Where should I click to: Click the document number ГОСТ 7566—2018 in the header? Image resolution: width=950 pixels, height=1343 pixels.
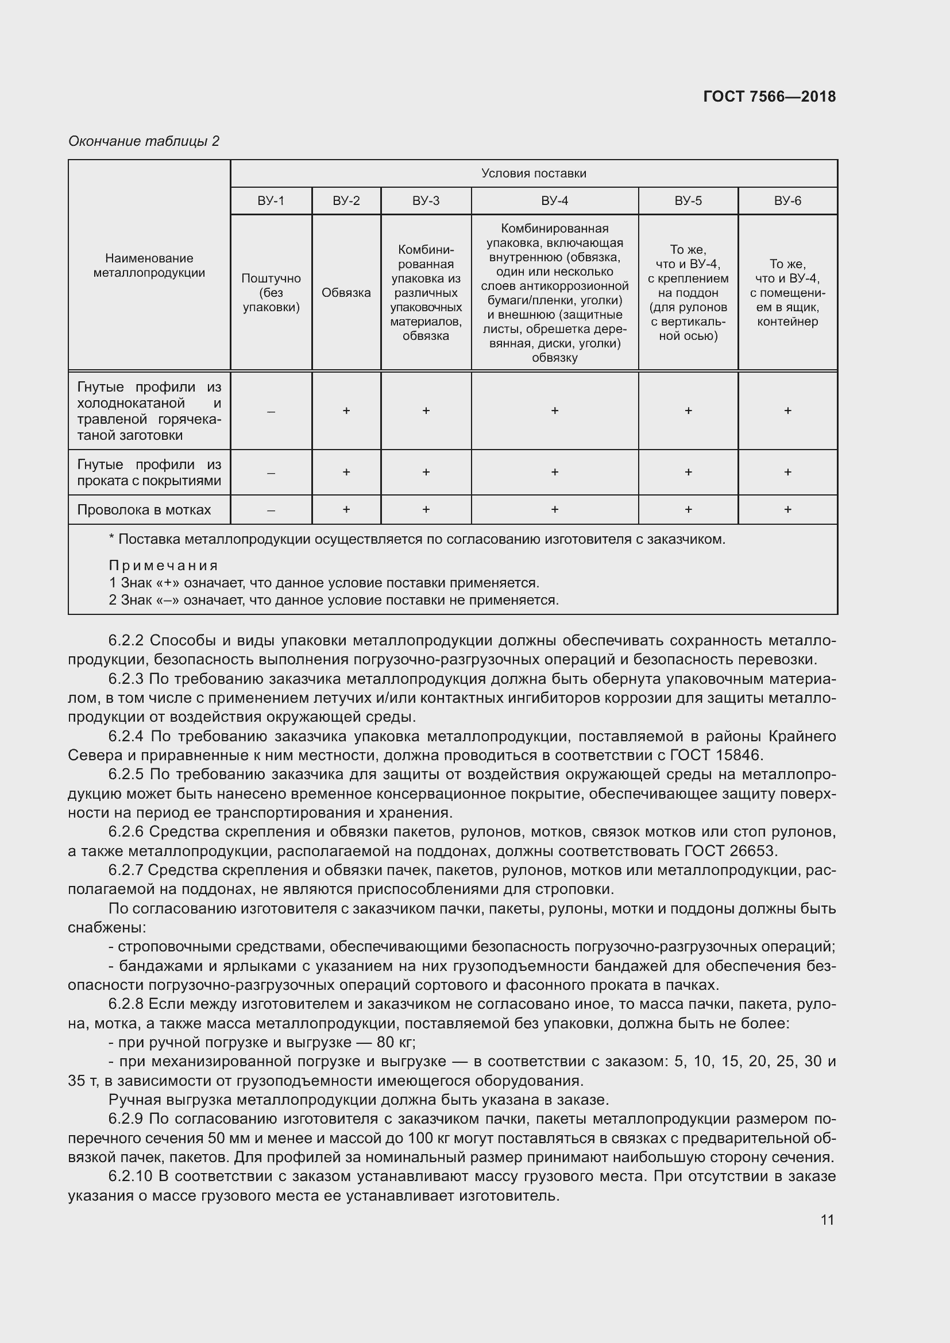769,96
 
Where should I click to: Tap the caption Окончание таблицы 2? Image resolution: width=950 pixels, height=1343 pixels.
144,141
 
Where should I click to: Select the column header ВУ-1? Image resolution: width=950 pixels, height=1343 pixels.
271,200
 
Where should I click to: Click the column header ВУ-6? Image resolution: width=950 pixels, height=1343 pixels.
787,200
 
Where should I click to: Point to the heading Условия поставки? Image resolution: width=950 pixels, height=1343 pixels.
534,173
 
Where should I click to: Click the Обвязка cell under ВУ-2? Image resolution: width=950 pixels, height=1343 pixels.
346,292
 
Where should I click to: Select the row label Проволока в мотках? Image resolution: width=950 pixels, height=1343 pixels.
144,509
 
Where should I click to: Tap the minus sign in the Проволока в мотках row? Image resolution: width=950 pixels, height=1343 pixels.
271,510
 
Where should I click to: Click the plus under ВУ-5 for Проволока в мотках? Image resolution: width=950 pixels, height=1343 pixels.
688,509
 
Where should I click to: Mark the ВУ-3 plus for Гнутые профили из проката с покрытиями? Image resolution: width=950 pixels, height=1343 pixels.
426,472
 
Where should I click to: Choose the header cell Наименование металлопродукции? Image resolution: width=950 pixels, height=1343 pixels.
149,266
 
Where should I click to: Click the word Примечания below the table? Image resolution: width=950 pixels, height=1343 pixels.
163,566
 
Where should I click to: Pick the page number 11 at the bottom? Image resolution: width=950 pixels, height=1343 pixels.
827,1220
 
